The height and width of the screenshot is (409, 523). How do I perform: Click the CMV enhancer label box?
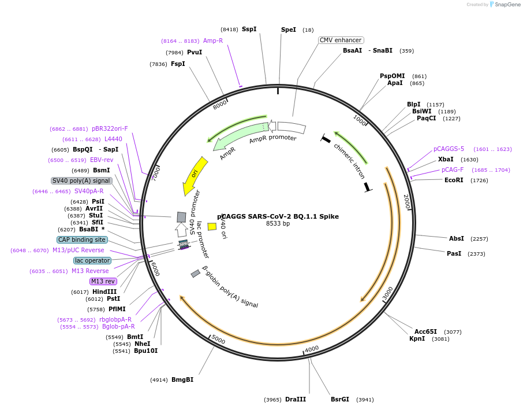341,40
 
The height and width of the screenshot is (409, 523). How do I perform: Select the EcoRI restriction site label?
454,180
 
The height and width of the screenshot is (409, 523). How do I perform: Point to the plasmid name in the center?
278,216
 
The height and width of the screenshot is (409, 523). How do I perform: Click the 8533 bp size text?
278,224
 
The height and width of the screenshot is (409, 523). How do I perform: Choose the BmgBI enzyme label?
182,379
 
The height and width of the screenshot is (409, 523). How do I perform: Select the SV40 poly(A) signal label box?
81,180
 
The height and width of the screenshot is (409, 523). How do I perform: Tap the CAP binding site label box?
82,239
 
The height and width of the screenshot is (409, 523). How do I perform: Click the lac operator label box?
92,260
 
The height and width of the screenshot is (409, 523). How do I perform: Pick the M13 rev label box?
103,281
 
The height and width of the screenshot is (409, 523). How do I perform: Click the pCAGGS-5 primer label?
449,149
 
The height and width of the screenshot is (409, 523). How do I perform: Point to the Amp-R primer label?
213,40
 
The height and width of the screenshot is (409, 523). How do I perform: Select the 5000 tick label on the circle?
218,339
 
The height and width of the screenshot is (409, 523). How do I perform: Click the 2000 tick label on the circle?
406,202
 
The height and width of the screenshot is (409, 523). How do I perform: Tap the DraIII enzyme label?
296,399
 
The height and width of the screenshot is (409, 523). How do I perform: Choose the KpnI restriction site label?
417,338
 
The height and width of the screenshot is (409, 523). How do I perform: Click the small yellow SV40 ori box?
212,227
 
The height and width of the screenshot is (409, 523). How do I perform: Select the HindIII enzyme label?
104,292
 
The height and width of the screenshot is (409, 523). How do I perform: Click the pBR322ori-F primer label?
110,128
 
